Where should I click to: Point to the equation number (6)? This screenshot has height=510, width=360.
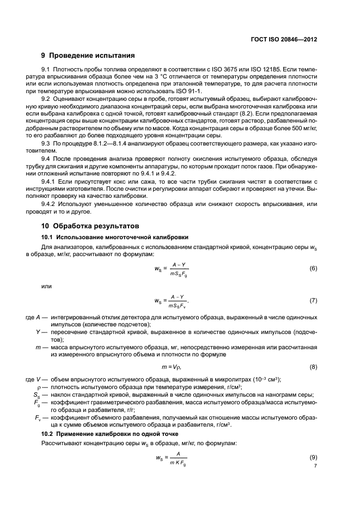click(313, 269)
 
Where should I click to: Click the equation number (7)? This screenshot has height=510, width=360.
click(313, 300)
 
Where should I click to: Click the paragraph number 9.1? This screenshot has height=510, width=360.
click(46, 72)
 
